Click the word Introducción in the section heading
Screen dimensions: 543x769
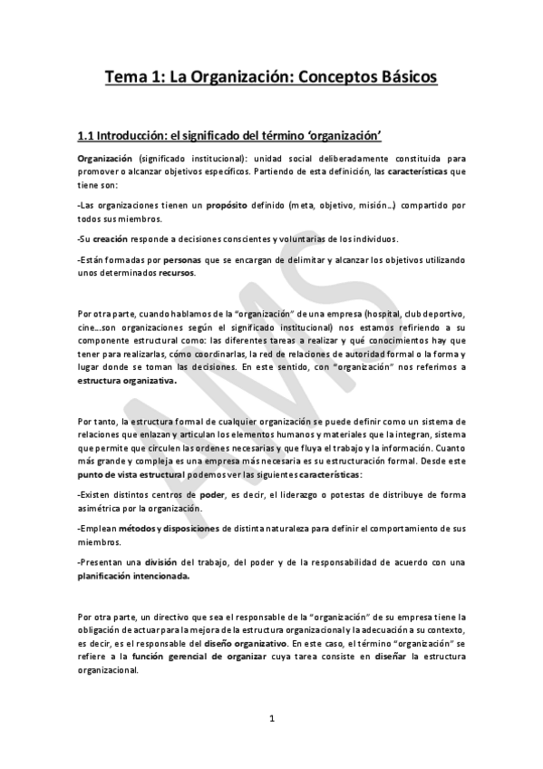pos(135,136)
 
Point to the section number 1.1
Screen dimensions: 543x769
pos(86,136)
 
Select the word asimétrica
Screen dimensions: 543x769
pos(100,509)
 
